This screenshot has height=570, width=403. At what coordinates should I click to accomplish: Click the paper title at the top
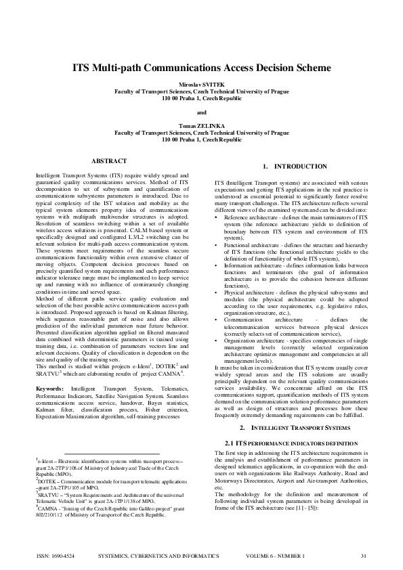click(x=201, y=68)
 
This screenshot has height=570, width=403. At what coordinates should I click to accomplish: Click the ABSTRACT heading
click(x=108, y=160)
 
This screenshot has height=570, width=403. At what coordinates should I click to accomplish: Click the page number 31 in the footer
click(x=364, y=556)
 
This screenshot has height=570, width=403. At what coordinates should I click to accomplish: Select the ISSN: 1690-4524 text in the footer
click(x=56, y=556)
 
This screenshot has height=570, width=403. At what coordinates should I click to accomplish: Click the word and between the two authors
click(x=201, y=112)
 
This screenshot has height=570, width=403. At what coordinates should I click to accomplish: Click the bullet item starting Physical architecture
click(x=296, y=303)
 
